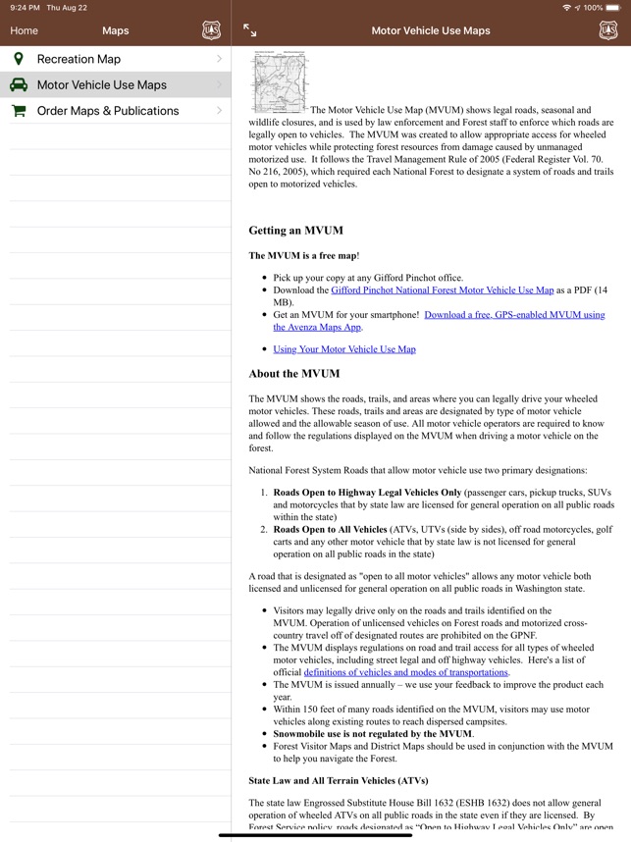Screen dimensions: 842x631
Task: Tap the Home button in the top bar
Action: (x=25, y=30)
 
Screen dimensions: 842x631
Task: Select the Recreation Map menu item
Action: (x=79, y=59)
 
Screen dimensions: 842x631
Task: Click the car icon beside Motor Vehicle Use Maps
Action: (x=19, y=85)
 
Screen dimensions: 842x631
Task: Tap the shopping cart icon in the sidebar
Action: (x=19, y=111)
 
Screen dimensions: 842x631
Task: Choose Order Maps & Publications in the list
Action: (x=108, y=111)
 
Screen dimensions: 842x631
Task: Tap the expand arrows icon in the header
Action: (x=250, y=30)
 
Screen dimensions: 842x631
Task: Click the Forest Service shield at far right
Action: (x=608, y=30)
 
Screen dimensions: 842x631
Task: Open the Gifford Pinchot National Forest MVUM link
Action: (x=442, y=290)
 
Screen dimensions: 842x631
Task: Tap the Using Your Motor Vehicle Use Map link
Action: (x=344, y=349)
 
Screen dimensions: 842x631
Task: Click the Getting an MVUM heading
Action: (x=295, y=231)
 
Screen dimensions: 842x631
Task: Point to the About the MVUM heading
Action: (x=294, y=374)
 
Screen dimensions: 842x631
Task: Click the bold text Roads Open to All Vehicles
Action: (x=331, y=530)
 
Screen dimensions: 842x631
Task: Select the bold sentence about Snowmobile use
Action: (x=373, y=734)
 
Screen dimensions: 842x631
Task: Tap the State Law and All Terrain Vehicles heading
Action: (x=339, y=781)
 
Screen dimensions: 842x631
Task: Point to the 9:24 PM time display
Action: (x=25, y=8)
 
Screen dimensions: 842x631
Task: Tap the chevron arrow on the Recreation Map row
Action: (x=219, y=59)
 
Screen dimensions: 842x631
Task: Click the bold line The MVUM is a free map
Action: (x=303, y=256)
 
